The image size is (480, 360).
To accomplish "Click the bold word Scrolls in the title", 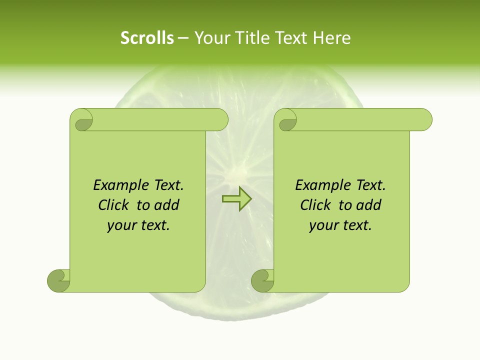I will [x=147, y=38].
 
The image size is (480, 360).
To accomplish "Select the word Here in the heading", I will [x=332, y=38].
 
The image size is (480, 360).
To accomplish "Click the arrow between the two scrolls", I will [x=236, y=199].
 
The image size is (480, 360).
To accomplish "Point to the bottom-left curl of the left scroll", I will [x=58, y=280].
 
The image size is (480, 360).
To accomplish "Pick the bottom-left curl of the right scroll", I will [x=262, y=280].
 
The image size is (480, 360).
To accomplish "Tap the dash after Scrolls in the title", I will [x=183, y=38].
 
